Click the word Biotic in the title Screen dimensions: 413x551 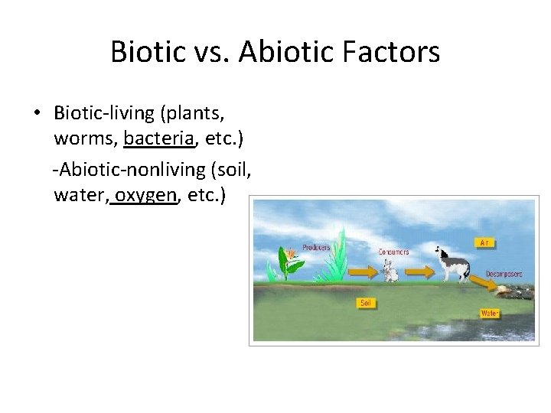point(148,52)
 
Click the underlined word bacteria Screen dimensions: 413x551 point(158,138)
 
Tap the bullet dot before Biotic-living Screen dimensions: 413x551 point(37,113)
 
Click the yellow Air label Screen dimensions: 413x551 point(484,242)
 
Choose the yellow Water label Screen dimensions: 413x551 point(490,313)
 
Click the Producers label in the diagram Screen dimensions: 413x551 point(316,248)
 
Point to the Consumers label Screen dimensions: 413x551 point(393,252)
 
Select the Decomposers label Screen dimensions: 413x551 point(504,273)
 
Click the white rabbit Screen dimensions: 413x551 point(390,270)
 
